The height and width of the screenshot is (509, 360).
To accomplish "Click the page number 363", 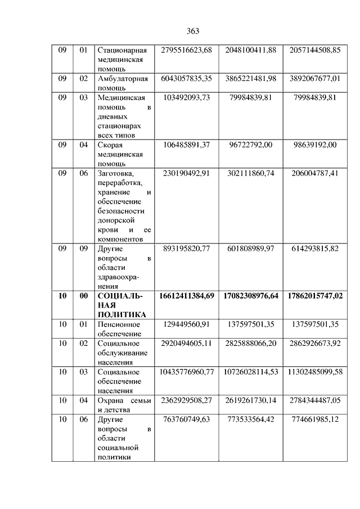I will (x=192, y=30).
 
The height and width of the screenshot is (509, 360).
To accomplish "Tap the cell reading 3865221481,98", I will (x=250, y=79).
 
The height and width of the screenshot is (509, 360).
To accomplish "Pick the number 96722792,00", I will (x=250, y=145).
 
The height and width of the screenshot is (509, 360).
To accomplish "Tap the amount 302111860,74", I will (x=250, y=173).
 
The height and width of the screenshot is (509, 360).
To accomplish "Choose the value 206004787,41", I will (x=315, y=173).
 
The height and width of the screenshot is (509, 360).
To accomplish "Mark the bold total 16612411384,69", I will (x=186, y=295).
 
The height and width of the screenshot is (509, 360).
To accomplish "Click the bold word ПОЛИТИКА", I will (x=121, y=314).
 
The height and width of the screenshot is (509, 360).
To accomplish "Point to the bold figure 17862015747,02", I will (x=315, y=295).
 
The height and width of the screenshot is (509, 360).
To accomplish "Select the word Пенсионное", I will (x=119, y=324).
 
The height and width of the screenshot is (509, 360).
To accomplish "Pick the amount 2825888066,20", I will (x=250, y=343).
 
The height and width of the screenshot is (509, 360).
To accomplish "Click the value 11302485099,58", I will (x=315, y=372).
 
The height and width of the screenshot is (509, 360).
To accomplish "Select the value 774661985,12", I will (x=315, y=419).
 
